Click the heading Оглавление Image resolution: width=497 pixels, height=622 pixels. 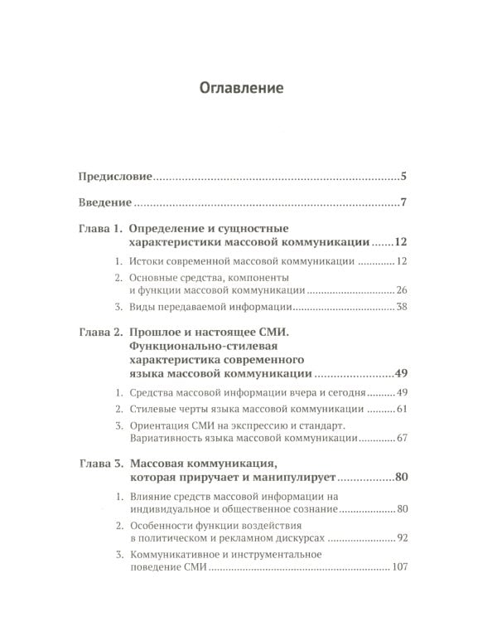[x=248, y=86]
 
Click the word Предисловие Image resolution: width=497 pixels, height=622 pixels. [x=115, y=177]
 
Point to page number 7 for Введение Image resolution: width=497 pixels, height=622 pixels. [x=402, y=202]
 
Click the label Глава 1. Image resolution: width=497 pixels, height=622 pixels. [x=100, y=228]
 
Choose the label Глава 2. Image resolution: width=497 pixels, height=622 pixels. [x=100, y=333]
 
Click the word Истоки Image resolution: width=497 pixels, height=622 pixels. [x=147, y=262]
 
